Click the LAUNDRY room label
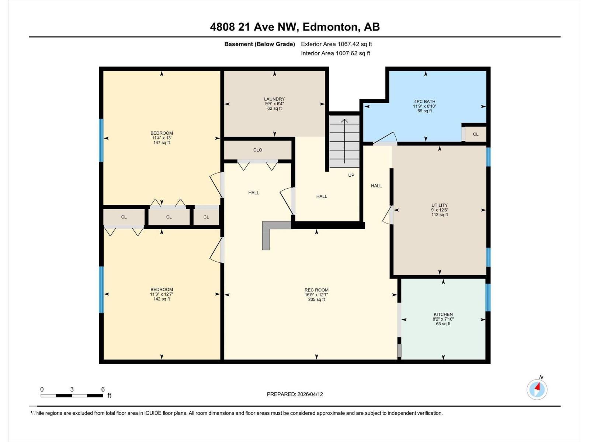tap(274, 99)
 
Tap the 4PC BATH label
tap(425, 102)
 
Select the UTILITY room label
tap(440, 206)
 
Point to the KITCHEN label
tap(443, 315)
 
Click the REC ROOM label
tap(316, 290)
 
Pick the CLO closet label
tap(258, 150)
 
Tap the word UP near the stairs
tap(351, 175)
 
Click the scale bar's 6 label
tap(103, 389)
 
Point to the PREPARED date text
tap(295, 394)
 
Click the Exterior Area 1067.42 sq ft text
tap(336, 44)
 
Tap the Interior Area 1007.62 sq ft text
tap(336, 53)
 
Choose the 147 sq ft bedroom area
tap(162, 143)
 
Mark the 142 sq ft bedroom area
tap(162, 299)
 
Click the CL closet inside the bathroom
tap(476, 134)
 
